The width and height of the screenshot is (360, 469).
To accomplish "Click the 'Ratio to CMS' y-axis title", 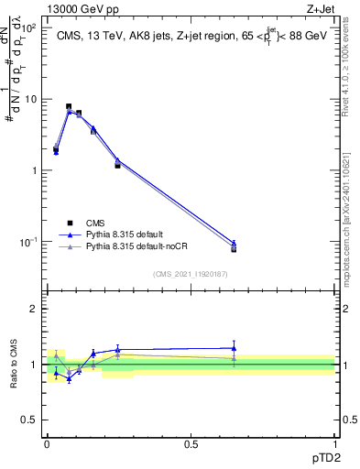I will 16,365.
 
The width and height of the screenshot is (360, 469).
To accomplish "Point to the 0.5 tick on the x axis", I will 191,443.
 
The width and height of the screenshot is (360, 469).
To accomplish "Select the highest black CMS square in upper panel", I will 69,107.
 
